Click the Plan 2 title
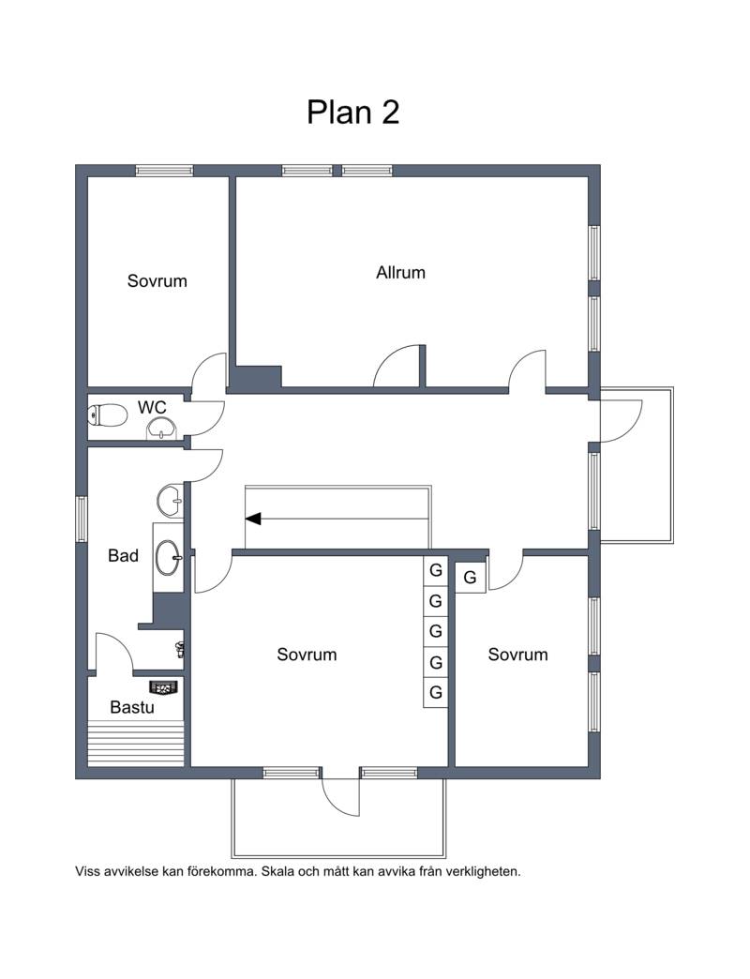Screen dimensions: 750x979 [352, 113]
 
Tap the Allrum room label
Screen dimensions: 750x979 [400, 272]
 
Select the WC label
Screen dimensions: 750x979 [152, 407]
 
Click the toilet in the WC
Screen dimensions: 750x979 [107, 415]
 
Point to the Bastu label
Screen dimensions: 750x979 [131, 707]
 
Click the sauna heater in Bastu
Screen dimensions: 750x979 [164, 688]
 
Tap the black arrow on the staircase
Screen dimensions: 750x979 [253, 519]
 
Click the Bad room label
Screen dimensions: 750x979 [123, 555]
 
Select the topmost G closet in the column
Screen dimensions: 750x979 [436, 570]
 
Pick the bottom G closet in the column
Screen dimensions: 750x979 [436, 692]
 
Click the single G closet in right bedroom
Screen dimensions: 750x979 [471, 578]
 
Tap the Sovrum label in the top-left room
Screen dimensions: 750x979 [157, 281]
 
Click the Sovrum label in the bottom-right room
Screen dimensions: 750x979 [517, 655]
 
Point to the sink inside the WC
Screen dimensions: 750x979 [162, 429]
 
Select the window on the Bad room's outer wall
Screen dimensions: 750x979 [82, 519]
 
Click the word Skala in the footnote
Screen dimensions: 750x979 [277, 871]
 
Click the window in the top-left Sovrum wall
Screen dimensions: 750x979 [165, 171]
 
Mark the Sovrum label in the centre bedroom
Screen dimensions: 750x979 [307, 655]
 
